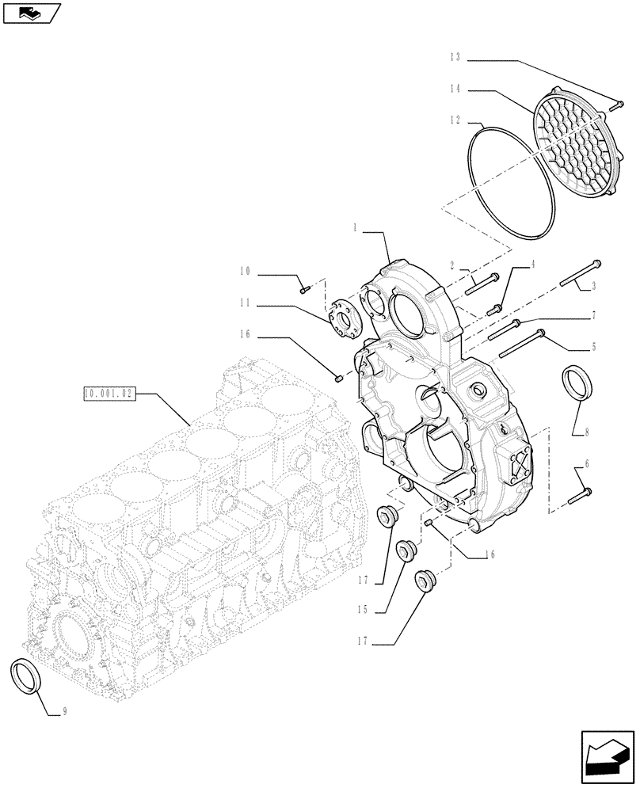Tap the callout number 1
pos(356,227)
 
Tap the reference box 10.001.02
pos(110,393)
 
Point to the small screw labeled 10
pos(303,290)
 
